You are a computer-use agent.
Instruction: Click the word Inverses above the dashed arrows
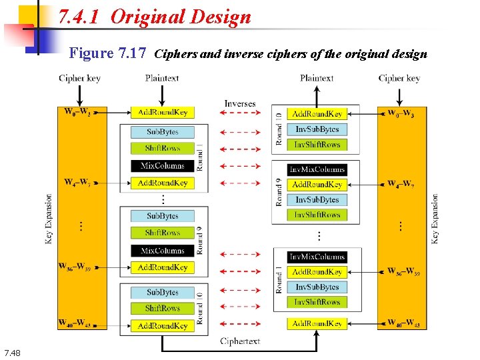pyautogui.click(x=239, y=103)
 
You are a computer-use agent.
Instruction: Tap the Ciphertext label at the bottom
pyautogui.click(x=240, y=341)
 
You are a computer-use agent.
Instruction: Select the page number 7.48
pyautogui.click(x=13, y=352)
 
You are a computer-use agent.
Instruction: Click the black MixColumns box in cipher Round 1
pyautogui.click(x=163, y=165)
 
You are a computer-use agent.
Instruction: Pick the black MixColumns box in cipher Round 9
pyautogui.click(x=163, y=251)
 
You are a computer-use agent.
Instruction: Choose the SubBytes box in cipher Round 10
pyautogui.click(x=163, y=292)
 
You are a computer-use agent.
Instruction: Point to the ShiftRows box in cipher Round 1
pyautogui.click(x=163, y=148)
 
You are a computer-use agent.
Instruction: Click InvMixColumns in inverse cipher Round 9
pyautogui.click(x=317, y=169)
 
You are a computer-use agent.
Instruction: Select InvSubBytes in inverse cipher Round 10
pyautogui.click(x=317, y=129)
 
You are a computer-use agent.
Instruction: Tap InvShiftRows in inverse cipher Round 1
pyautogui.click(x=317, y=302)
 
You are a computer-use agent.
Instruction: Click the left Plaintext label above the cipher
pyautogui.click(x=162, y=78)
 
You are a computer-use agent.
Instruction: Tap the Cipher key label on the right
pyautogui.click(x=399, y=78)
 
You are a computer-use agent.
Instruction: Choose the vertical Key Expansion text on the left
pyautogui.click(x=49, y=219)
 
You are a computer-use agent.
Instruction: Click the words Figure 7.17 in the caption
pyautogui.click(x=108, y=53)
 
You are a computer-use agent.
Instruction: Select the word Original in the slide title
pyautogui.click(x=147, y=17)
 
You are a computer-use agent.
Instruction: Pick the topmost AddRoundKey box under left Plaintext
pyautogui.click(x=163, y=112)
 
